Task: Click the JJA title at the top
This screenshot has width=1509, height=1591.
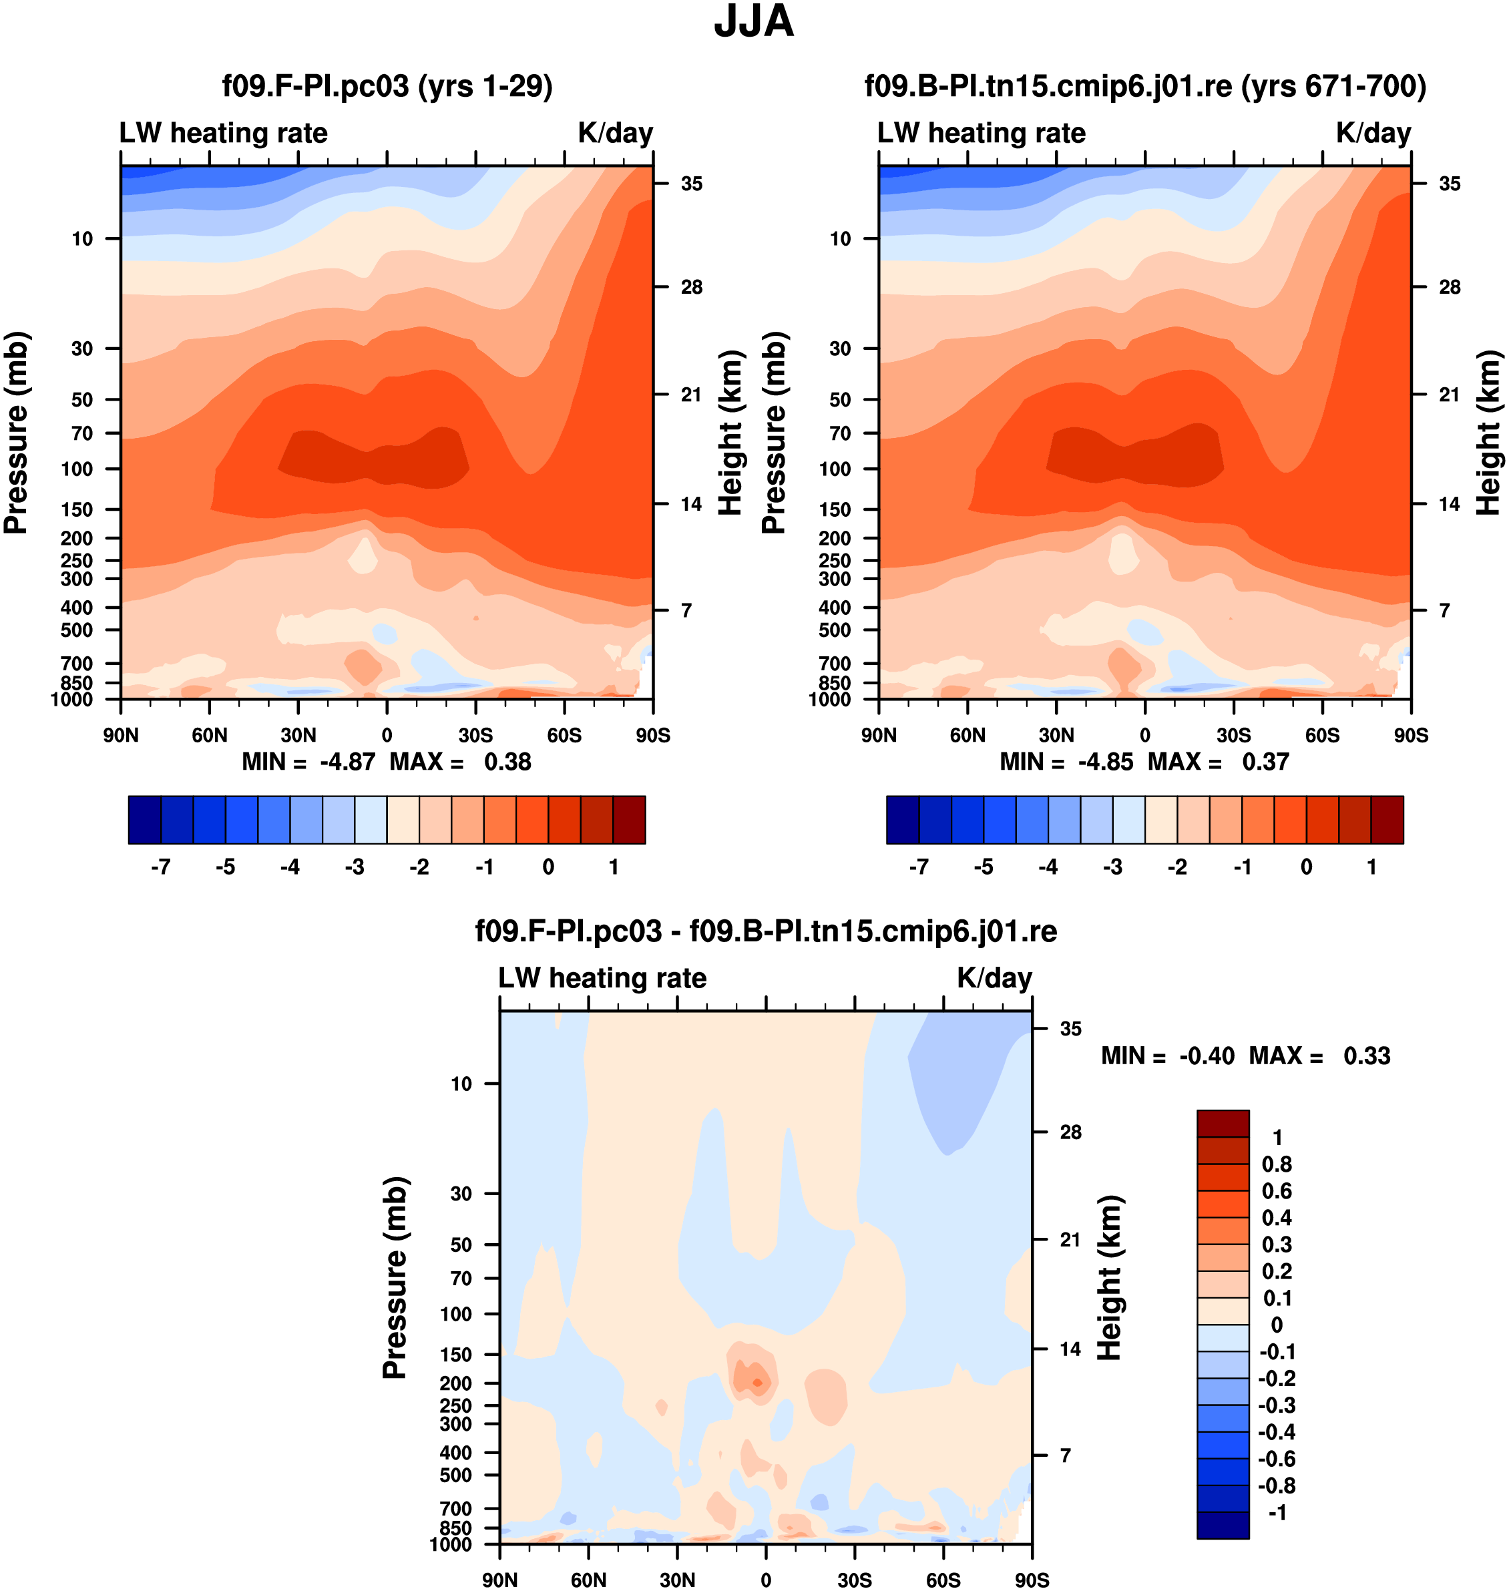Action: point(754,23)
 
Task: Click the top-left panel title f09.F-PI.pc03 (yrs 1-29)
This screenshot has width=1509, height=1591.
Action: point(387,85)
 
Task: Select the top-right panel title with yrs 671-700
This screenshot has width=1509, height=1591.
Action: point(1144,85)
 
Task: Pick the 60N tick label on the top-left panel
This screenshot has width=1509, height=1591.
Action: point(210,735)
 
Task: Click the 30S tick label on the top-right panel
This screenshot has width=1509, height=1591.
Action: point(1233,735)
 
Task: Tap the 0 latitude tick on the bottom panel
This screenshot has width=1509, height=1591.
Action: point(766,1580)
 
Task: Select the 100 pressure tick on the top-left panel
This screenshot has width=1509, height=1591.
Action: point(77,469)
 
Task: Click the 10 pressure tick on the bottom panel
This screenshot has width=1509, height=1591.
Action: point(461,1084)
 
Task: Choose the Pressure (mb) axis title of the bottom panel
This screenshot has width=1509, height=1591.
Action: point(395,1277)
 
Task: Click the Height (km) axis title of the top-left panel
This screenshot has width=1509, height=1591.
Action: point(730,433)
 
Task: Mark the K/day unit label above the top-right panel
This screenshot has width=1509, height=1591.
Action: point(1373,133)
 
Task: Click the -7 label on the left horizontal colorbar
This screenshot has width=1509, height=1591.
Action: point(161,867)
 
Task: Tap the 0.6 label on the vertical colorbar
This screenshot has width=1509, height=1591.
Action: point(1277,1191)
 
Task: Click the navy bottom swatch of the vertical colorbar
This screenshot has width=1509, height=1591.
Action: point(1223,1525)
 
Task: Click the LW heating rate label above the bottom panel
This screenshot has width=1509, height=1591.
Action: point(602,978)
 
